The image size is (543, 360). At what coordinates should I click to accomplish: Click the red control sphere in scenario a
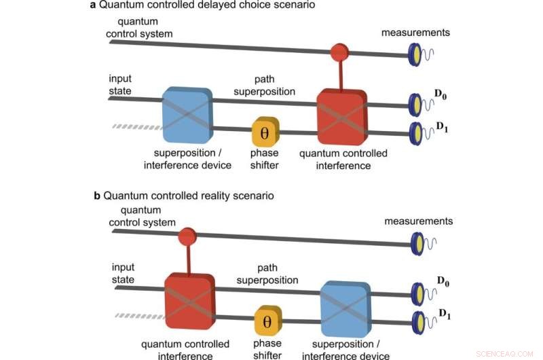(339, 52)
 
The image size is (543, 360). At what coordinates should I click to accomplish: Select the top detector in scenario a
(413, 53)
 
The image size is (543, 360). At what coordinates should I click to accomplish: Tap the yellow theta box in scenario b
(267, 321)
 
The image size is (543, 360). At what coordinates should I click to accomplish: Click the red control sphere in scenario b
(186, 236)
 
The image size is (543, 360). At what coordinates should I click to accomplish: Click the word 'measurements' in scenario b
(418, 221)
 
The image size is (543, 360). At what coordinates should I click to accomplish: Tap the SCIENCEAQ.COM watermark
(506, 353)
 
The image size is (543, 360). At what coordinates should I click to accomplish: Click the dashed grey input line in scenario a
(132, 128)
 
